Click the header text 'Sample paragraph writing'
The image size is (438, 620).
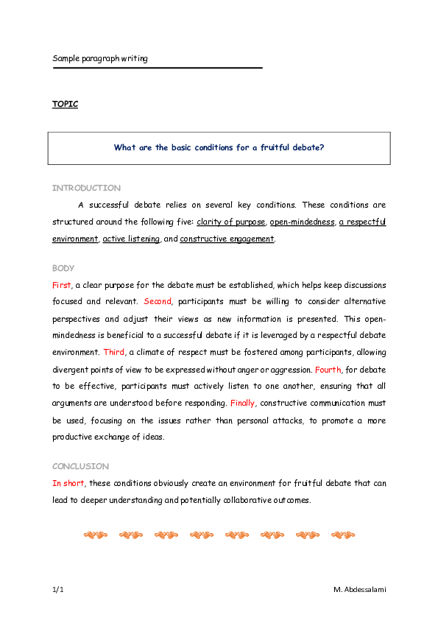point(100,58)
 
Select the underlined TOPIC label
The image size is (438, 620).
point(65,104)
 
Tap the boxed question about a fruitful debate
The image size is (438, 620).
point(219,147)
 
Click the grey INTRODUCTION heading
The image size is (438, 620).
point(86,189)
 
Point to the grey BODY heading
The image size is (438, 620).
point(63,269)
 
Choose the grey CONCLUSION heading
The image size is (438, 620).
point(80,467)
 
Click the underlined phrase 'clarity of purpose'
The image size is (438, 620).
point(230,222)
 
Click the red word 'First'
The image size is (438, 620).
point(62,285)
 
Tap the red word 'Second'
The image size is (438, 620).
point(158,302)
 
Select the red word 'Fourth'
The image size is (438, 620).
point(328,370)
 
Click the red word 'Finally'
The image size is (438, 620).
point(243,404)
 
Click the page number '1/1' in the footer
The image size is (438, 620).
point(58,591)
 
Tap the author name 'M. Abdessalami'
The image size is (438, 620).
point(359,591)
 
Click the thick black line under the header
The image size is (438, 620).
point(158,68)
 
